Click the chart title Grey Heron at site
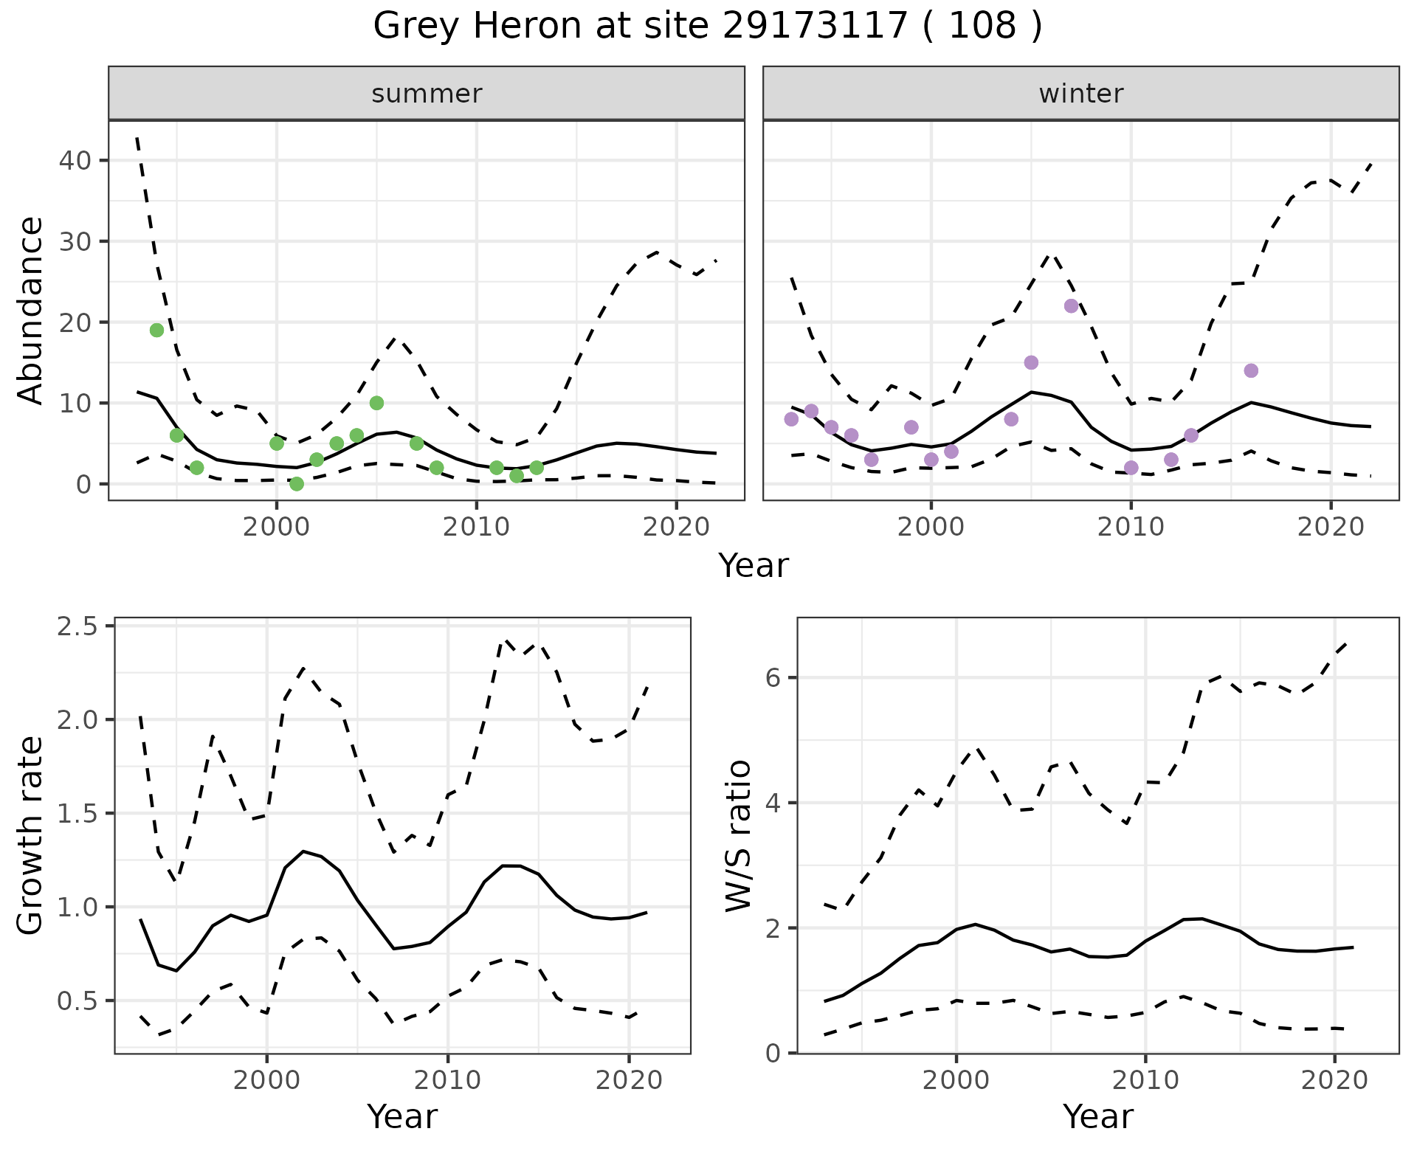(x=707, y=27)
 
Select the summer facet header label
(x=427, y=94)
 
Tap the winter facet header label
(x=1080, y=94)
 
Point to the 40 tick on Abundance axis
(x=73, y=161)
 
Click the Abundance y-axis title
(x=31, y=310)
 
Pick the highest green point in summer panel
(x=156, y=330)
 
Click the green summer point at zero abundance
(x=297, y=484)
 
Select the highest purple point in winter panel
(x=1072, y=306)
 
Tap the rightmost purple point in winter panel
(x=1251, y=370)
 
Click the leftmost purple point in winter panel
(x=791, y=419)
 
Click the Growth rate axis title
(x=31, y=835)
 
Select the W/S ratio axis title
(x=738, y=835)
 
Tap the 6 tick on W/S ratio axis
(x=773, y=677)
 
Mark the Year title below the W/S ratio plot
(x=1097, y=1116)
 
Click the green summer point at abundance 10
(x=376, y=403)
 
